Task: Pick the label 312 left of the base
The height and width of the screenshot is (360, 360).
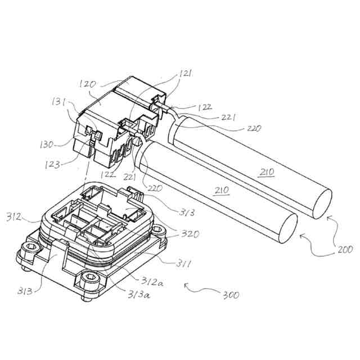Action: (14, 216)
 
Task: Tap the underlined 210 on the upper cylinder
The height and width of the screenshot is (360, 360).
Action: (268, 173)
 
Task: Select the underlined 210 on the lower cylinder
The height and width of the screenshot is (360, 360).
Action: (222, 191)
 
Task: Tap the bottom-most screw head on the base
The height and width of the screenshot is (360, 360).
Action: (89, 279)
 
